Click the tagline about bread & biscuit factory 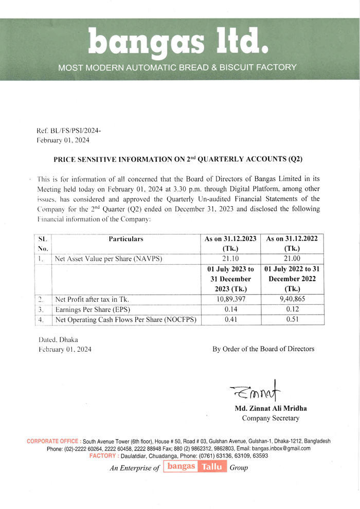[177, 67]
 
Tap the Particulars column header [126, 239]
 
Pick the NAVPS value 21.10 [231, 259]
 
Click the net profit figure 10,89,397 [231, 299]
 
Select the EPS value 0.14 [231, 310]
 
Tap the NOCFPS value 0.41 [231, 320]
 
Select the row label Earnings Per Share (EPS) [92, 310]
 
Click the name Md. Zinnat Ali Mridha [271, 409]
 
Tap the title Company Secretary [271, 419]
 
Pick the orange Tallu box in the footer [212, 467]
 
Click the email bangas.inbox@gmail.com [281, 448]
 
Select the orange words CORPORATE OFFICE [53, 441]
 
